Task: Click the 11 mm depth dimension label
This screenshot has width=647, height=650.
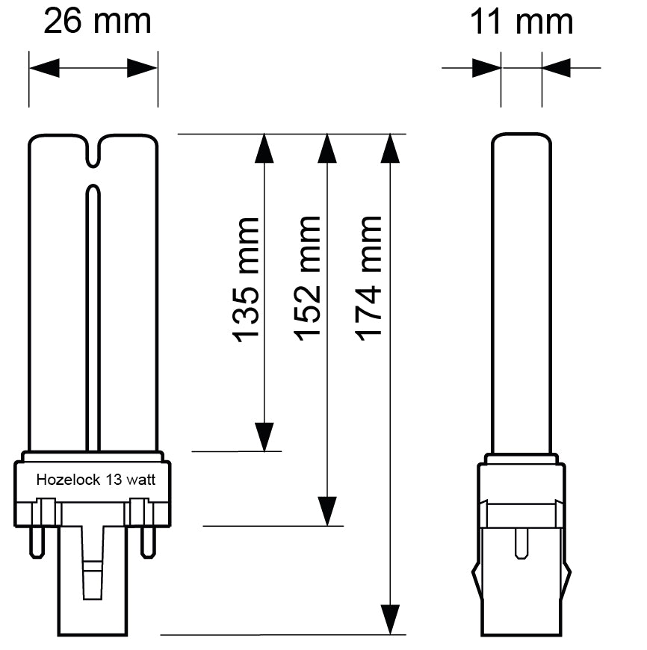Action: pyautogui.click(x=521, y=22)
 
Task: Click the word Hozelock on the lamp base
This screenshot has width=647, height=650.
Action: pyautogui.click(x=61, y=480)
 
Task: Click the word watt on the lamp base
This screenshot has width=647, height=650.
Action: pyautogui.click(x=140, y=480)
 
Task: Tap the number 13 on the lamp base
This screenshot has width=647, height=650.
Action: pyautogui.click(x=113, y=480)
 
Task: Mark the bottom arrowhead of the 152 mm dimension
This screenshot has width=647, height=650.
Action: pyautogui.click(x=326, y=512)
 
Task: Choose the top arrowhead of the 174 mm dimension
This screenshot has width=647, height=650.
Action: pyautogui.click(x=389, y=149)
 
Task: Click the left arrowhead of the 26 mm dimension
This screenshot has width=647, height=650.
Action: pyautogui.click(x=43, y=69)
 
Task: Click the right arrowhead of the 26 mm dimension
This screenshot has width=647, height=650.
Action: pyautogui.click(x=143, y=69)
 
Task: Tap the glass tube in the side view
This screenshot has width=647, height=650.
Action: pyautogui.click(x=521, y=291)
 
